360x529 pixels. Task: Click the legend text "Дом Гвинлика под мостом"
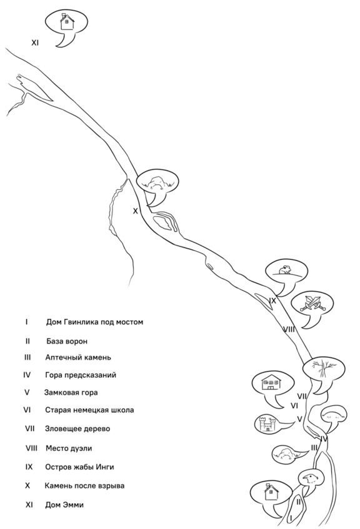click(x=94, y=322)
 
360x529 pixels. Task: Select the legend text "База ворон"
click(x=67, y=341)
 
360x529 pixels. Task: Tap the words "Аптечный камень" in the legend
click(x=78, y=357)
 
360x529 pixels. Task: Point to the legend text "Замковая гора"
click(x=71, y=392)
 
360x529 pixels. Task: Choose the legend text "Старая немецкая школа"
click(x=89, y=410)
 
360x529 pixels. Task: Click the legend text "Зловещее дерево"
click(x=77, y=429)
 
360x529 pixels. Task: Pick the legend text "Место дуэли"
click(x=69, y=448)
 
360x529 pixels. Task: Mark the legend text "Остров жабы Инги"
click(x=80, y=467)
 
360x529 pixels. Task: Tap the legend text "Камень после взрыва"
click(x=85, y=486)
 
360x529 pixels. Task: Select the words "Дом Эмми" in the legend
click(x=64, y=505)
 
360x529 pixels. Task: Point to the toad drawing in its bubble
click(x=285, y=270)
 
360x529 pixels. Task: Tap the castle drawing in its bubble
click(x=267, y=423)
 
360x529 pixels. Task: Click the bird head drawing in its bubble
click(x=310, y=479)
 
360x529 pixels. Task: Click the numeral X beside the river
click(x=136, y=211)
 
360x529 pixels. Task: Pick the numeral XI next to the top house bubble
click(x=35, y=43)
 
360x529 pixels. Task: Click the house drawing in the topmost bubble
click(x=67, y=22)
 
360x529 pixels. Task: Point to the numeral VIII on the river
click(x=288, y=329)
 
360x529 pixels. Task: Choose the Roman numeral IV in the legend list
click(x=27, y=375)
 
